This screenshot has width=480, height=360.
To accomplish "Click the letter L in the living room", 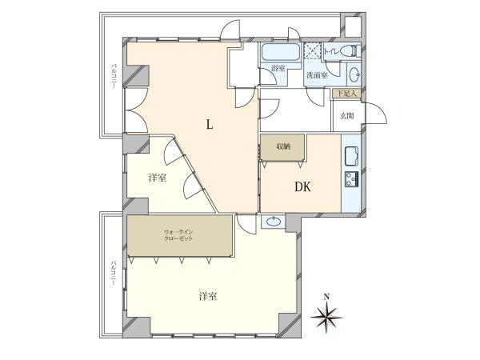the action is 210,125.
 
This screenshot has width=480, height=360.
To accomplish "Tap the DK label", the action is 302,186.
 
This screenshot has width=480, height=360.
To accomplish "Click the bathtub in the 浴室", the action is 281,52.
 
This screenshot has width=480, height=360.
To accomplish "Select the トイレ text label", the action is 331,51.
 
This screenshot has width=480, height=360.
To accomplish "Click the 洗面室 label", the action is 317,75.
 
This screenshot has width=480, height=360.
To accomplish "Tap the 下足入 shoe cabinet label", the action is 347,94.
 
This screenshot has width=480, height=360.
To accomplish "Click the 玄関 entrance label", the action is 347,116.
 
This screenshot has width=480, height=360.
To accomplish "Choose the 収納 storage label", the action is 283,146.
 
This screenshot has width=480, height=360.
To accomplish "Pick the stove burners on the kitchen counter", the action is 351,179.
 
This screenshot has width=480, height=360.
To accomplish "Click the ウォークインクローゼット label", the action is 178,235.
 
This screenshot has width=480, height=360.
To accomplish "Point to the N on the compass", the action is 326,296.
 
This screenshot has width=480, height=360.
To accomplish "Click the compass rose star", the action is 326,317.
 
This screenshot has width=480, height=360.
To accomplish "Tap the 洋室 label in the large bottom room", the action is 208,296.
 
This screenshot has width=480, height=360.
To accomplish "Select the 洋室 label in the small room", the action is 158,178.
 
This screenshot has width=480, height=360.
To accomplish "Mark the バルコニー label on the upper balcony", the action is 114,76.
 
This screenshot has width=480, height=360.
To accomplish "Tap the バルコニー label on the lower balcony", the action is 114,273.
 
